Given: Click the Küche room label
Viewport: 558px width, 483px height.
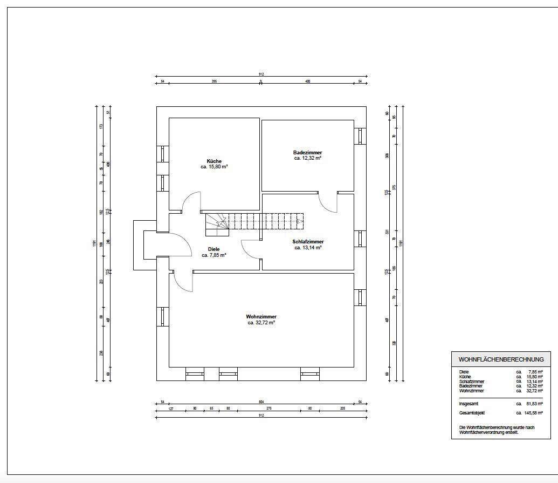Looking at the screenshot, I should pos(214,161).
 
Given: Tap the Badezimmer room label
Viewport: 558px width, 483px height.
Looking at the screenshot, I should pos(308,153).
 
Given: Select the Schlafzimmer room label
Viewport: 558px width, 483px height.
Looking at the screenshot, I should pos(308,242).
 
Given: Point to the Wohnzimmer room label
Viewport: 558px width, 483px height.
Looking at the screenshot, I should pos(261,317).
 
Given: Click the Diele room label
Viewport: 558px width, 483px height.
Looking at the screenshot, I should pos(213,249).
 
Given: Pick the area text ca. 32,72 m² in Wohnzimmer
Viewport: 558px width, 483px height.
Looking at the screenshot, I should pos(261,323).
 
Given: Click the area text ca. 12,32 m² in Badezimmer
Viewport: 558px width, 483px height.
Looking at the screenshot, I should pos(308,158).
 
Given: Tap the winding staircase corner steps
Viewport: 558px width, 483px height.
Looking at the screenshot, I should pos(216,225).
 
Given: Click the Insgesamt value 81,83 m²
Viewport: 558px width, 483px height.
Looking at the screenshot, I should pos(535,403).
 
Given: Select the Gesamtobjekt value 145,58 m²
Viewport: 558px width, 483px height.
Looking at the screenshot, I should pos(533,413).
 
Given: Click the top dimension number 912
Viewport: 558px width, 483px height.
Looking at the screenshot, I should pos(261,74).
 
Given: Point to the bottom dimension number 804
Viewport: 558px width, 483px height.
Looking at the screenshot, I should pos(261,402).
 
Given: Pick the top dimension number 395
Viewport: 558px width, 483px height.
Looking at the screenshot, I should pos(214,81).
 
